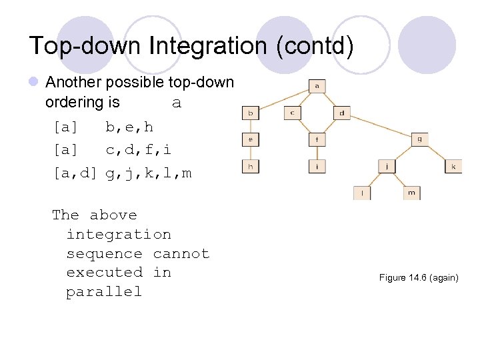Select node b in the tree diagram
click(251, 113)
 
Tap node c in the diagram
click(293, 113)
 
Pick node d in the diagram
click(341, 113)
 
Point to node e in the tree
click(251, 140)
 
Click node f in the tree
click(317, 140)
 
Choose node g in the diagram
click(419, 139)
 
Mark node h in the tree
click(251, 167)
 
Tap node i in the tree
click(317, 167)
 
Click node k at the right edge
click(453, 167)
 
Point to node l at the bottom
click(363, 193)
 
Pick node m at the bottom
click(412, 193)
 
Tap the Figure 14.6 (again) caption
click(419, 277)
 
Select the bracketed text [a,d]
click(75, 173)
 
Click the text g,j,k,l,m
click(149, 173)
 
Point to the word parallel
click(104, 292)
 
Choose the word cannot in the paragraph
click(181, 254)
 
